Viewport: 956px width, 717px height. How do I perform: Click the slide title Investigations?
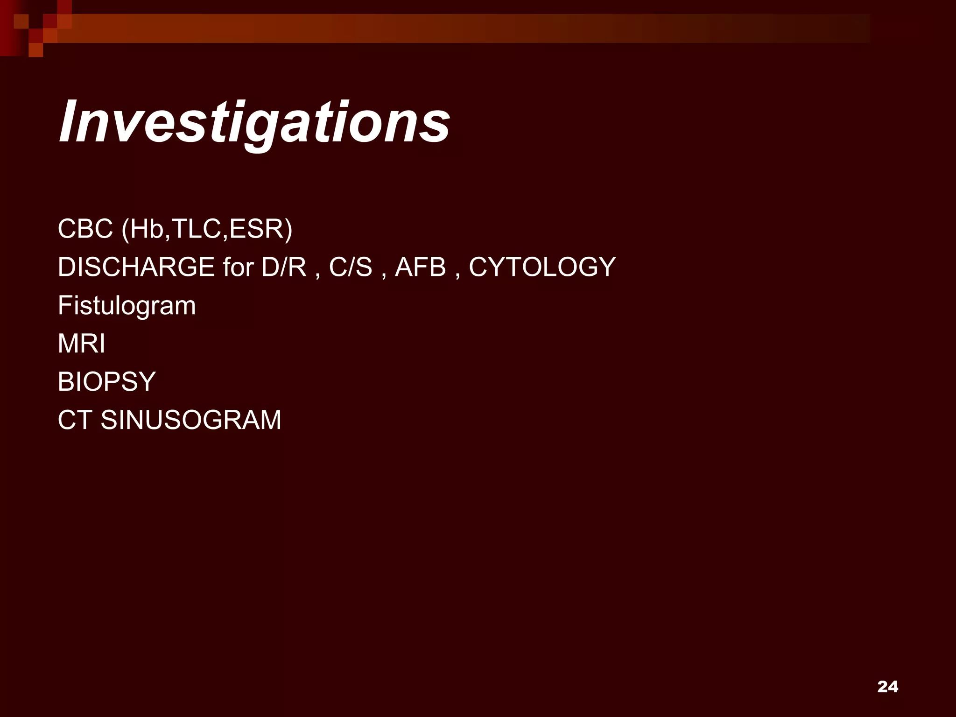point(254,122)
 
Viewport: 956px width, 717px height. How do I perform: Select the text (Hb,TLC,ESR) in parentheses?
point(207,229)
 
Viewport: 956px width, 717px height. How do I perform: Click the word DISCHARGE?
point(136,267)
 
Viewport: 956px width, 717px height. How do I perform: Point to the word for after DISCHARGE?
point(238,267)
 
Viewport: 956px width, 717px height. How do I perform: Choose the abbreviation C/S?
point(351,267)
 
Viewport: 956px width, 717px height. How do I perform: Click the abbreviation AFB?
point(421,267)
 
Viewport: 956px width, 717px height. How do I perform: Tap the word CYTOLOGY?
point(542,267)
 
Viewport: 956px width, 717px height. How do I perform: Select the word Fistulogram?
point(127,306)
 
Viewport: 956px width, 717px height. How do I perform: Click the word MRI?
point(82,344)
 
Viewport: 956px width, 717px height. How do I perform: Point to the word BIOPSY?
point(106,381)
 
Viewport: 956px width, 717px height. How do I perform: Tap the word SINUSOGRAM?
point(191,420)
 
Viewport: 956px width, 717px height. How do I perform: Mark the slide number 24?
point(887,687)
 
